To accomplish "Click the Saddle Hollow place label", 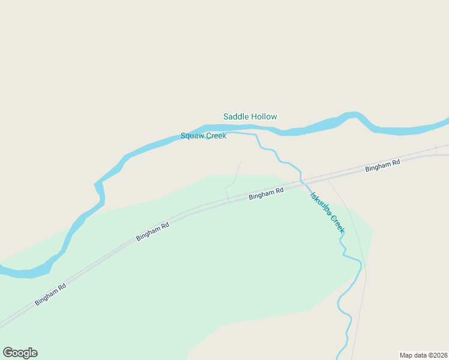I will (x=250, y=116).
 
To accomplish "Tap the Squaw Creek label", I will (x=203, y=136).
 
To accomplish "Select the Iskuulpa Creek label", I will (x=327, y=212).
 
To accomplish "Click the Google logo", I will (x=20, y=353).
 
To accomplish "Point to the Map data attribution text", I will (x=423, y=355).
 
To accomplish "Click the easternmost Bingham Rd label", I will (x=382, y=166).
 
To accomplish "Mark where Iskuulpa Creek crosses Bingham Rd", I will (x=301, y=181).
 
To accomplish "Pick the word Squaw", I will (x=192, y=136).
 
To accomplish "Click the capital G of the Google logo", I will (x=8, y=353).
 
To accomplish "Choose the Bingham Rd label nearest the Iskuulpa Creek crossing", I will (x=266, y=193).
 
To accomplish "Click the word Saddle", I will (x=236, y=116).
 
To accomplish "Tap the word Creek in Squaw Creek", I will (x=216, y=136).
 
